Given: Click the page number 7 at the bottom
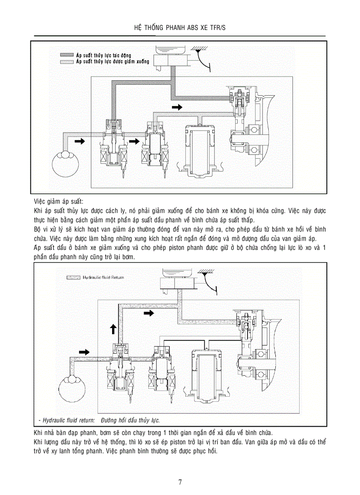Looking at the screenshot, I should click(180, 482).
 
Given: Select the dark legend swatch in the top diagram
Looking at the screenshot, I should click(67, 55).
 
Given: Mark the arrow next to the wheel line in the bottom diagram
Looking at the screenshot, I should click(83, 352).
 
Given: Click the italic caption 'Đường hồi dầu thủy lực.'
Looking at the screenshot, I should click(130, 420).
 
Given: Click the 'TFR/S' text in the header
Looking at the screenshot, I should click(217, 28).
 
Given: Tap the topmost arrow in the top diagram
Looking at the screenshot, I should click(176, 107).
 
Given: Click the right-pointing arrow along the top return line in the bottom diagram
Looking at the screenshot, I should click(149, 313).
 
